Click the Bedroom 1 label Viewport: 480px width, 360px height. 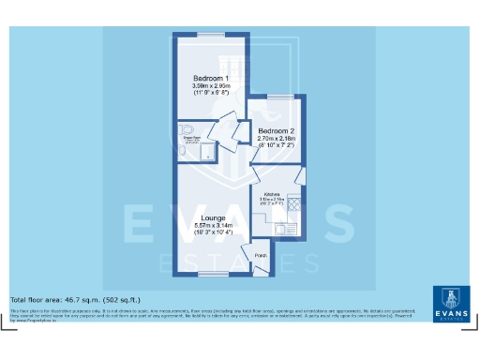pos(212,77)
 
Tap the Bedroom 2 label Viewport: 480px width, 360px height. pos(277,130)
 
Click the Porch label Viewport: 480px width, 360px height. pos(262,254)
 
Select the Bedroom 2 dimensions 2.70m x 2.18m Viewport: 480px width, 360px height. pos(277,139)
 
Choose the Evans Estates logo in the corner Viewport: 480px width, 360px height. pos(452,303)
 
